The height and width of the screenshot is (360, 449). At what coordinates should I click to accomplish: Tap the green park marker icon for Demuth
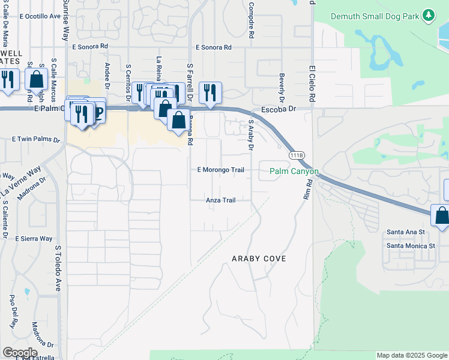429,16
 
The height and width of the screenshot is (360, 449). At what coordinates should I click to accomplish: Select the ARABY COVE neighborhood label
259,259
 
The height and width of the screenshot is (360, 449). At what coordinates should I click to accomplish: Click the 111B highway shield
295,156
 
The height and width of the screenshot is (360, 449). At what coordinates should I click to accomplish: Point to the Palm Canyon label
294,171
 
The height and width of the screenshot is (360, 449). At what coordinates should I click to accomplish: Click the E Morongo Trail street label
221,170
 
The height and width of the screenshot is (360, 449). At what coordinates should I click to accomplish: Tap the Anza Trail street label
221,200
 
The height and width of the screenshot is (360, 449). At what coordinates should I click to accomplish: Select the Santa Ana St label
406,232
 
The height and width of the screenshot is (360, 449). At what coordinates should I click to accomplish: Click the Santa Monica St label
411,245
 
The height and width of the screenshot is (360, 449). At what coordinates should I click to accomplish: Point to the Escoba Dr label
279,110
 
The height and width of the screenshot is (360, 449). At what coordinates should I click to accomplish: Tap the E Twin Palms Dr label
37,139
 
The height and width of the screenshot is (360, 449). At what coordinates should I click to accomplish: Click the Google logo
20,353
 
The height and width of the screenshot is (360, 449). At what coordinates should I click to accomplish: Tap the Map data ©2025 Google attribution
411,356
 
